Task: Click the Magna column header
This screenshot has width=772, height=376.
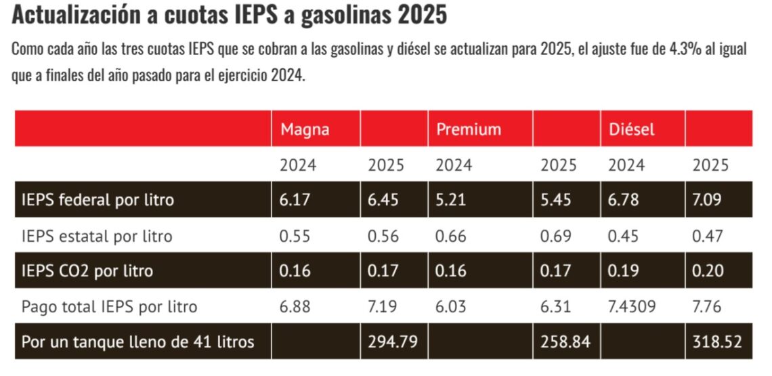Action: [x=305, y=129]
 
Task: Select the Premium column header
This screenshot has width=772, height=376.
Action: [x=469, y=129]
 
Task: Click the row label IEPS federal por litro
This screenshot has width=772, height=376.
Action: [x=98, y=200]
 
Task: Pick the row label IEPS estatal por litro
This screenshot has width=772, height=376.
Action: [x=97, y=236]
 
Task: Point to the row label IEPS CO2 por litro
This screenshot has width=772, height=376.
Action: [x=87, y=271]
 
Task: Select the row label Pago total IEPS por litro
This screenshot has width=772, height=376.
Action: [x=109, y=307]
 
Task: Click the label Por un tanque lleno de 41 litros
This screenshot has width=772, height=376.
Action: [x=138, y=342]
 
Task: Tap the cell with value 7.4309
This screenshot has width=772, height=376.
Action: [x=632, y=307]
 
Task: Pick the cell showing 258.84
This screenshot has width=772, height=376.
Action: [x=565, y=342]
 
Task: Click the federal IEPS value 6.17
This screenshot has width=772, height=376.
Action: [x=295, y=200]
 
